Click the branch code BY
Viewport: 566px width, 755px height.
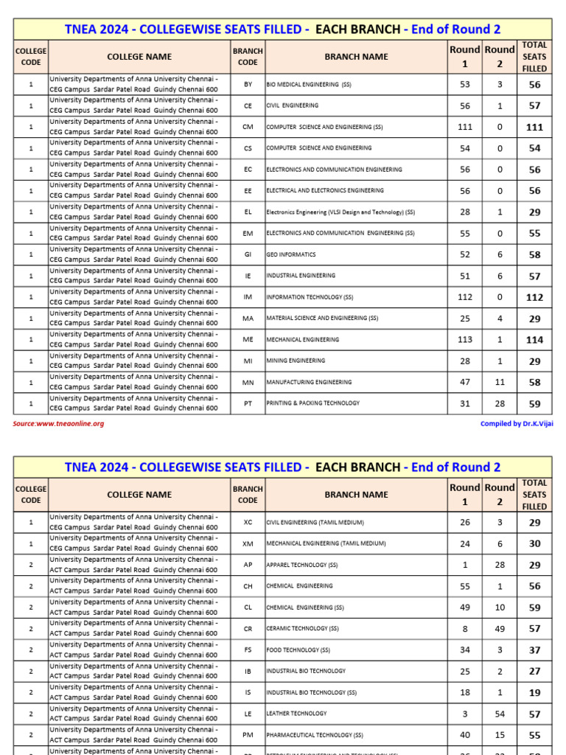point(248,85)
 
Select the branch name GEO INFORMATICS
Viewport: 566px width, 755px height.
point(291,255)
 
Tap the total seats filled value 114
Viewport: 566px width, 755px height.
point(534,340)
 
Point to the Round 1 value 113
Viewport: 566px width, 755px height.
point(464,340)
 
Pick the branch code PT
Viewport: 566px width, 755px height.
point(248,403)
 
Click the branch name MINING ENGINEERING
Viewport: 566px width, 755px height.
point(296,361)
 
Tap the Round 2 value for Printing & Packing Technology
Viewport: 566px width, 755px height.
point(500,403)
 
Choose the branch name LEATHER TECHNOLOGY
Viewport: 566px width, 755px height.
point(296,714)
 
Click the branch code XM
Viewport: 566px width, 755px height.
point(248,543)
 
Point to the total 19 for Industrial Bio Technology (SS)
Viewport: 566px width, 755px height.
point(534,692)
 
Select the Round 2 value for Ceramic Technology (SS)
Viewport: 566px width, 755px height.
point(500,629)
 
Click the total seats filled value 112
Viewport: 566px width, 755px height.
point(534,297)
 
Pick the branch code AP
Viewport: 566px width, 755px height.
point(248,565)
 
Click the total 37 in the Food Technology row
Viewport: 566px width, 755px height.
point(534,650)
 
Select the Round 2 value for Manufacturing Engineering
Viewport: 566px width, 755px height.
point(500,382)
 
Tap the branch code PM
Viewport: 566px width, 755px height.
point(248,735)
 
